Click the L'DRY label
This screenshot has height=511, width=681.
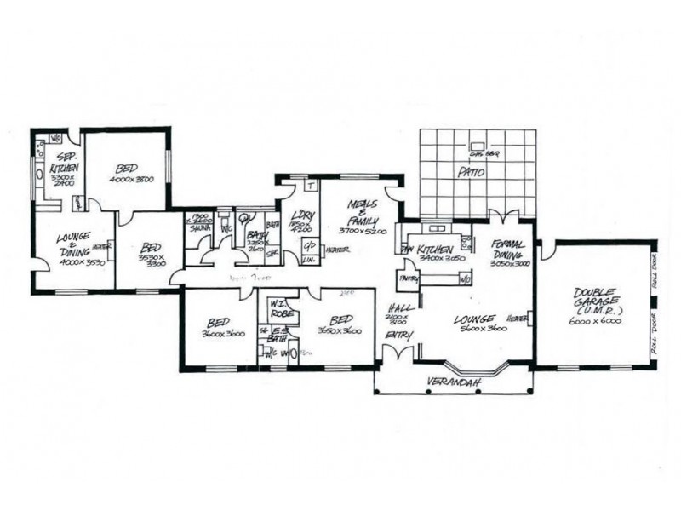click(x=302, y=216)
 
